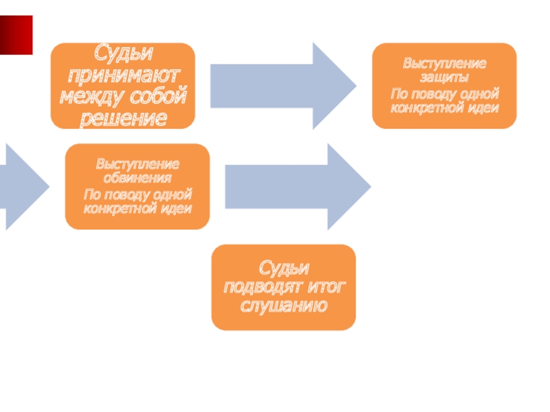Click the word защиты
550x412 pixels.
point(444,78)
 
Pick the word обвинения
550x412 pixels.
point(137,179)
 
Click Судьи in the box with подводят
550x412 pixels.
point(283,267)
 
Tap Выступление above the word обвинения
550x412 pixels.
point(137,165)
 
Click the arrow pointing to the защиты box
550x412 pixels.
point(283,86)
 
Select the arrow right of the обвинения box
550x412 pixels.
point(298,186)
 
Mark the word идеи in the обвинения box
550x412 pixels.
point(177,208)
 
